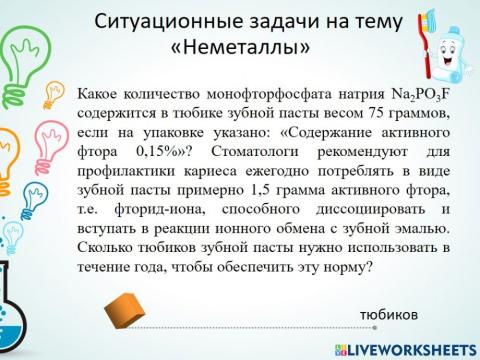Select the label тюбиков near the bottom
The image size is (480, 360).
(389, 313)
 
